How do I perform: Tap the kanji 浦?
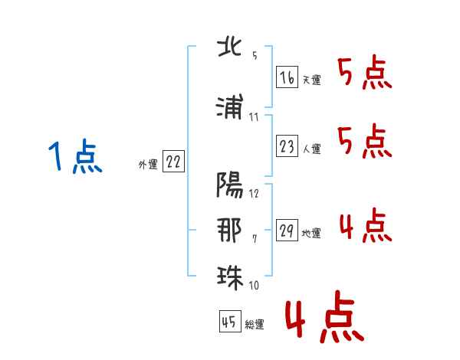point(230,106)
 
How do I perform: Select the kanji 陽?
point(230,185)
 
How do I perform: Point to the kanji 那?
point(230,230)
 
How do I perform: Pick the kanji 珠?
point(230,275)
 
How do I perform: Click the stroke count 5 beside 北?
point(255,56)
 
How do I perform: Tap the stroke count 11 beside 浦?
point(254,116)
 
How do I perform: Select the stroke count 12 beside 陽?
point(254,193)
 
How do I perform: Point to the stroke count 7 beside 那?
point(255,240)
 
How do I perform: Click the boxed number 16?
point(287,77)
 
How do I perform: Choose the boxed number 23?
point(287,147)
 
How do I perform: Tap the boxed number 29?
point(287,231)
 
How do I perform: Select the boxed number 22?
point(173,162)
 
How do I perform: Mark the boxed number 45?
point(228,322)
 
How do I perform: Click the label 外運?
point(147,164)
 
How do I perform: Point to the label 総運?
point(255,325)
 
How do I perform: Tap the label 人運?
point(312,149)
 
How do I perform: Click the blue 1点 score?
point(74,158)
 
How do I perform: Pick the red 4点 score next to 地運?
point(365,226)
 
